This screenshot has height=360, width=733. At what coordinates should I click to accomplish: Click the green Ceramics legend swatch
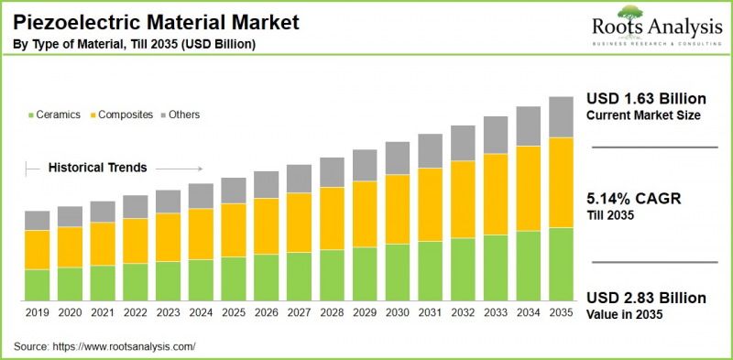(31, 115)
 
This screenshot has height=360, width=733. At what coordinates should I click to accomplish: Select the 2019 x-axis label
(37, 313)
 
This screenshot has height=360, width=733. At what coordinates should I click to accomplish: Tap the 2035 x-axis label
(561, 313)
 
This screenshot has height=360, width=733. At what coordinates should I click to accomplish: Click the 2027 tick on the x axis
(299, 313)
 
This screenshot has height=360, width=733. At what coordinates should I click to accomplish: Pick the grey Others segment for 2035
(561, 116)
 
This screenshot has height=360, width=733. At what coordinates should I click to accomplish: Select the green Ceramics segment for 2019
(37, 285)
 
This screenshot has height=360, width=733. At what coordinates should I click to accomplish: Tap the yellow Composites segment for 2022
(136, 240)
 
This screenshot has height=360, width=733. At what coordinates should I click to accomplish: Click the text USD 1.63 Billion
(646, 99)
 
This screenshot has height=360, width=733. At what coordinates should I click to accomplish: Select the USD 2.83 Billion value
(646, 299)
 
